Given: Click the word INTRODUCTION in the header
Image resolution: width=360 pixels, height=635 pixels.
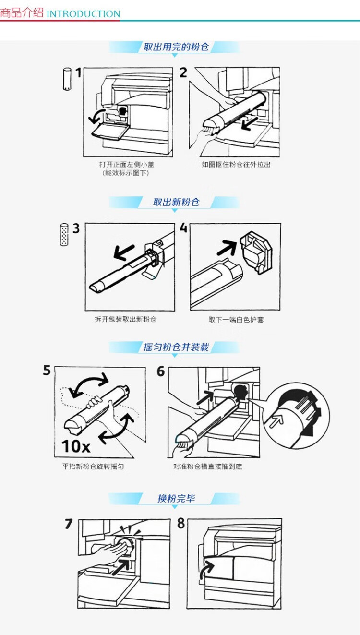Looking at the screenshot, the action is [84, 13].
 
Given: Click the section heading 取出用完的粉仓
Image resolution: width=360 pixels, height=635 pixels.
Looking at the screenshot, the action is [176, 47].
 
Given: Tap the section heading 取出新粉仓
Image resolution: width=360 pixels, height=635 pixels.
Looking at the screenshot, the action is [176, 202].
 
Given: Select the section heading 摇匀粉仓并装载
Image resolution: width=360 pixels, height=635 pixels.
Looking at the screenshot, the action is [176, 347].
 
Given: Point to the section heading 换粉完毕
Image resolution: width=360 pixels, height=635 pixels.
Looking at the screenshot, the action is [176, 498].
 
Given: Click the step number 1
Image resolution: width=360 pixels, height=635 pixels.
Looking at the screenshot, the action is [78, 72].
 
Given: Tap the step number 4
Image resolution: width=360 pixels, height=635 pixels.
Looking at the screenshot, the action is [183, 228].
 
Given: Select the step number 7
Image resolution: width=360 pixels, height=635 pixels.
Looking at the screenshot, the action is [69, 524].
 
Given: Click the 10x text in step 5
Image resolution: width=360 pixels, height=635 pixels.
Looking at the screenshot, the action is [76, 446].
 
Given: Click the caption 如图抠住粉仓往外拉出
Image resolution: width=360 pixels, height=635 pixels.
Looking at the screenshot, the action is [236, 165].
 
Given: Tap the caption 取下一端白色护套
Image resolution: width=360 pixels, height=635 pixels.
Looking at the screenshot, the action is [236, 320].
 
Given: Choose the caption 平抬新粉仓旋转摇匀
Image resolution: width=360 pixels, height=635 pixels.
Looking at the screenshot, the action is [93, 467].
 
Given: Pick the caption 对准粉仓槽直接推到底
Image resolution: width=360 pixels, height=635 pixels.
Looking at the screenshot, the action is [207, 467].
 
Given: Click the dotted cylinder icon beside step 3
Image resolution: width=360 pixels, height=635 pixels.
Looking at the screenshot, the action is [64, 234].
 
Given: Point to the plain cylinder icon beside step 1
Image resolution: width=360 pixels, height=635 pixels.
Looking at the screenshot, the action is [67, 79].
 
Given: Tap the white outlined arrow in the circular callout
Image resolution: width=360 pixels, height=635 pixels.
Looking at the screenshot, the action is [276, 420].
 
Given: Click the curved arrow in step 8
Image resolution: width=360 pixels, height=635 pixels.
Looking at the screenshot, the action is [205, 569].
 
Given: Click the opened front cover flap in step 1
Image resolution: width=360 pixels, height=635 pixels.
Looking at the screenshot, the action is [109, 132].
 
